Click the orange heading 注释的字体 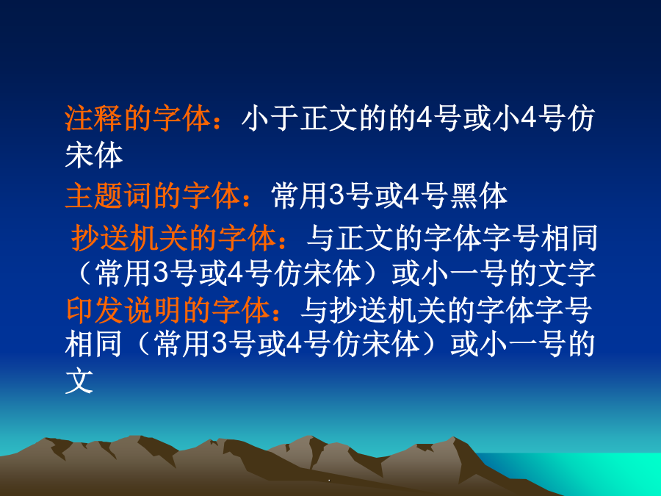(138, 118)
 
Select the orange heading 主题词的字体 (153, 196)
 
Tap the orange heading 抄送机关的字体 (173, 238)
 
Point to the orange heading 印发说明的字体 (167, 310)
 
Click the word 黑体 (479, 196)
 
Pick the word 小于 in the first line (270, 118)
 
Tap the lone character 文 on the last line (79, 381)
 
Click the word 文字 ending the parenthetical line (566, 274)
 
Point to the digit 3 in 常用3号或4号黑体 (336, 195)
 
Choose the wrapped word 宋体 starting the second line (93, 155)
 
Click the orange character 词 (138, 196)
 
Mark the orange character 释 (109, 118)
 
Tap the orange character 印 (80, 310)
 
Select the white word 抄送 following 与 (358, 310)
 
